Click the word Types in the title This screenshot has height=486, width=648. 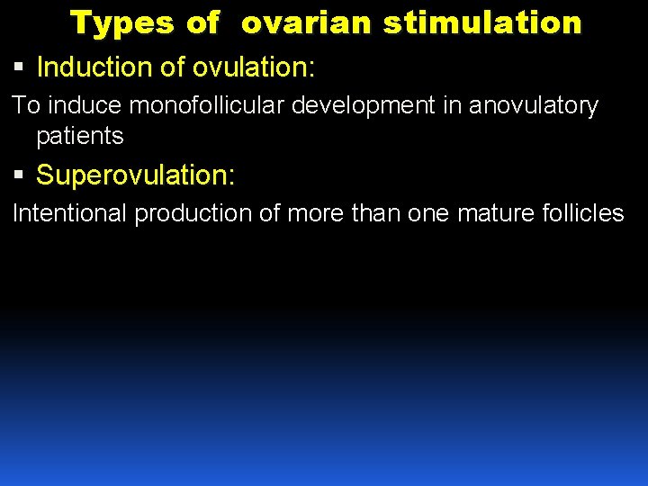coord(113,23)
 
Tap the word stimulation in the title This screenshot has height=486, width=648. coord(482,23)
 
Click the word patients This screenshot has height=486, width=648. coord(79,136)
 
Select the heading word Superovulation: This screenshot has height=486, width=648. coord(136,175)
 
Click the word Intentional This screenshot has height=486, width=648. coord(69,213)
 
